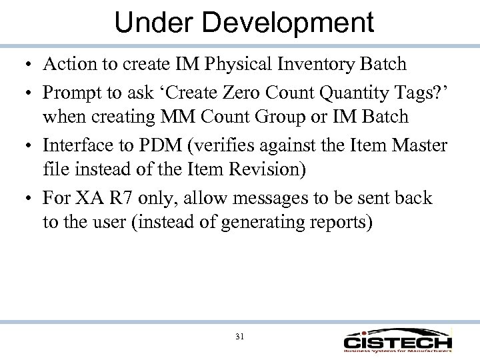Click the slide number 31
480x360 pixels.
pyautogui.click(x=240, y=337)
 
